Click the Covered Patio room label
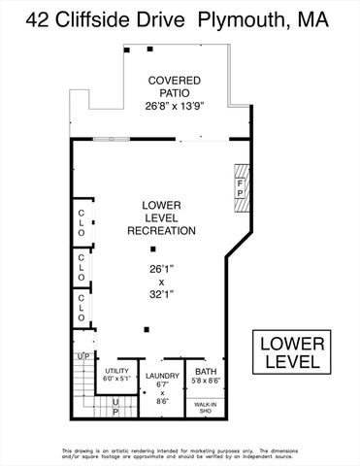point(175,87)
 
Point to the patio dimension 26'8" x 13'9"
point(175,105)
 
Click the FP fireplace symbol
point(241,184)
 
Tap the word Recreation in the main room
point(162,231)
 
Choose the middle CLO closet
point(82,268)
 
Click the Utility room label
point(117,371)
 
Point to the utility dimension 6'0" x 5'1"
point(117,380)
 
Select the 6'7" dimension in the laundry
point(162,384)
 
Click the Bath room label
point(207,371)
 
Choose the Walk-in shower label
point(205,407)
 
